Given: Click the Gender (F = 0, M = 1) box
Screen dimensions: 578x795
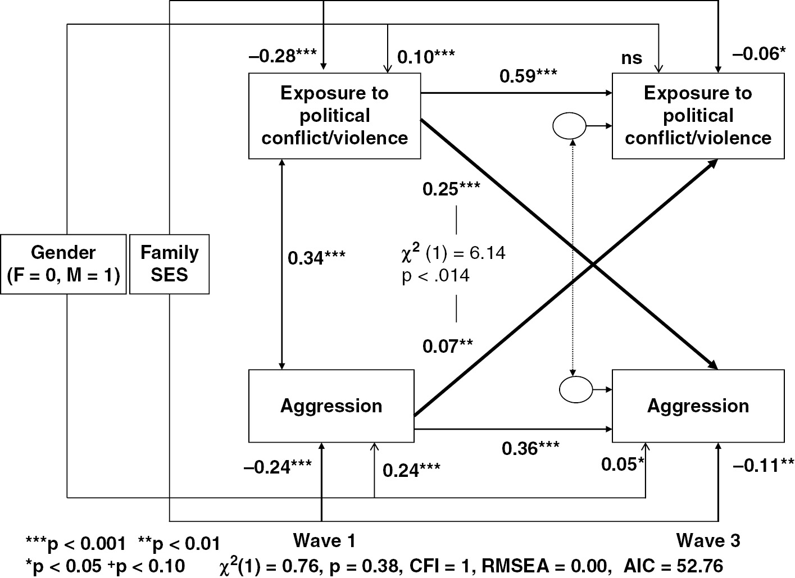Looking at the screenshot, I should (x=63, y=264).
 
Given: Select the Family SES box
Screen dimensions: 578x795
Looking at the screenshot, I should (x=169, y=264).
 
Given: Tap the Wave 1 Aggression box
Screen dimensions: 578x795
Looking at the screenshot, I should (x=331, y=406).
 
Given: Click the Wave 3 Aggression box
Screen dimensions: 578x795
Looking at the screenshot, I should (x=698, y=406).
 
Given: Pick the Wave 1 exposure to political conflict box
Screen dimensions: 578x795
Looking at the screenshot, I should (x=335, y=116).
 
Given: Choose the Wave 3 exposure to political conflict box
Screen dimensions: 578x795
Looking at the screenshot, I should (x=698, y=116).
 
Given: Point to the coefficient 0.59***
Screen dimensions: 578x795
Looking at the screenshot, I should (x=529, y=76).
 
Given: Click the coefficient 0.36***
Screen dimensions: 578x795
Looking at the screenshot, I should (x=530, y=448).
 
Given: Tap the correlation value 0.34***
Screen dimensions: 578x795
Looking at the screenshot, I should (x=316, y=258).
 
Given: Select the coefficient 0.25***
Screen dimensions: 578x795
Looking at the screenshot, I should (x=451, y=188).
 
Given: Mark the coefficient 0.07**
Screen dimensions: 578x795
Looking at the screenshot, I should (x=448, y=345).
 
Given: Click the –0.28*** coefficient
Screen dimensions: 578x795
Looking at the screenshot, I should (x=282, y=56).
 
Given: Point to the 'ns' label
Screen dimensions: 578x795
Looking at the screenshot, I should (x=632, y=58).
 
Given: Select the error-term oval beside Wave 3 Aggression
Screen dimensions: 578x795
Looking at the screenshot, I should (x=576, y=388).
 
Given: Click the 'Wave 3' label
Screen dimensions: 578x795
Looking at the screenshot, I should (x=708, y=540).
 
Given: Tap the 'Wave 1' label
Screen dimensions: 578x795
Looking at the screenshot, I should (x=324, y=540).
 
